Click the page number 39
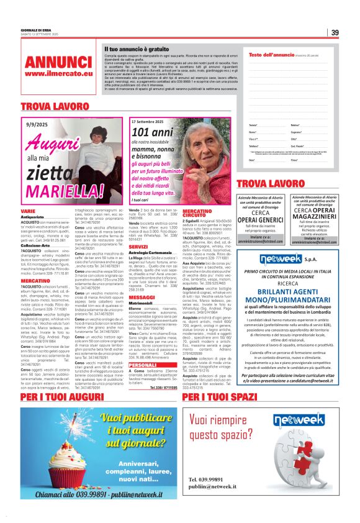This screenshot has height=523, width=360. click(334, 33)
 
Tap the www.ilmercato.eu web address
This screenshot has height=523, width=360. click(59, 74)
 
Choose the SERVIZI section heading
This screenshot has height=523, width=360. click(138, 247)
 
